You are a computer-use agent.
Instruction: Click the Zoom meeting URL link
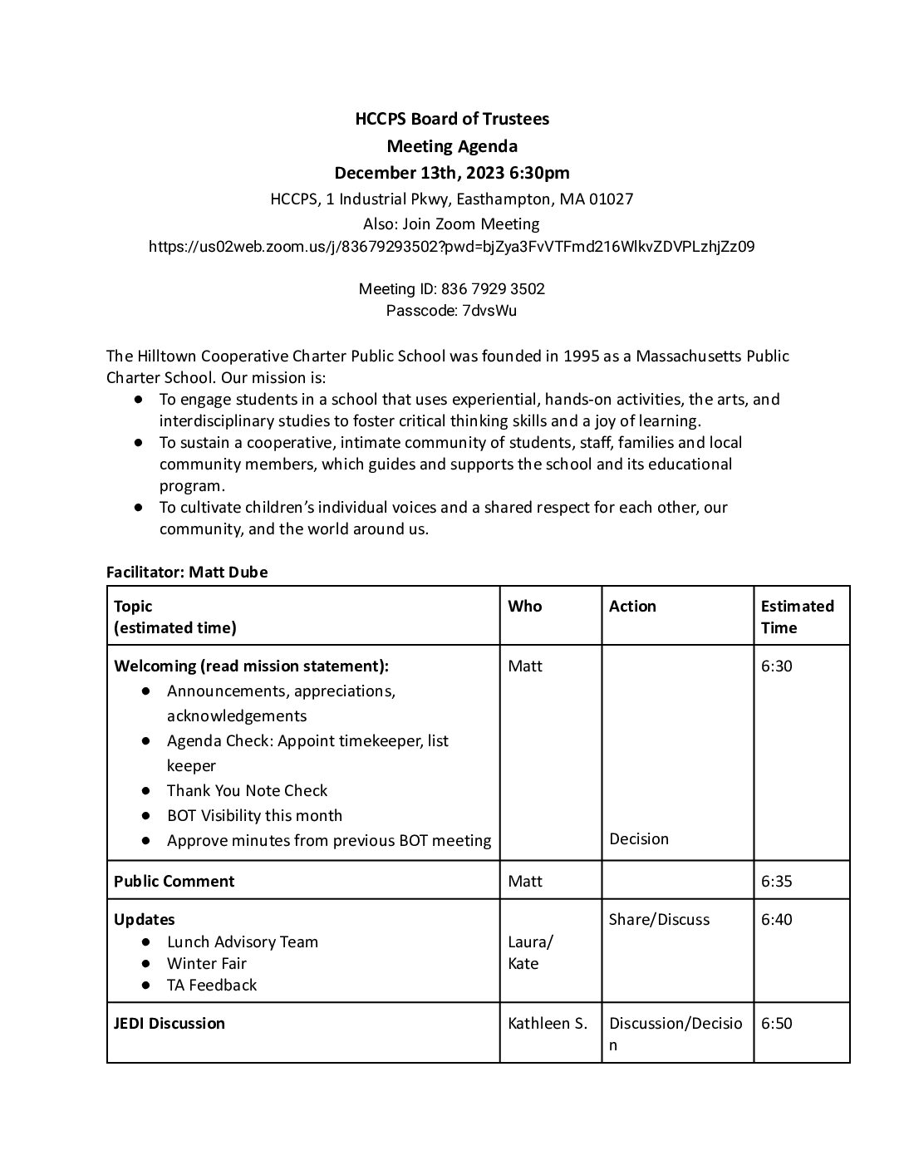tap(451, 247)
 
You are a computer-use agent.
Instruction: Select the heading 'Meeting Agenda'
tap(452, 146)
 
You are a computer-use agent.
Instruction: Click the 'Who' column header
tap(524, 606)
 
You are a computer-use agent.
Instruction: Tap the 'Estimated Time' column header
tap(797, 617)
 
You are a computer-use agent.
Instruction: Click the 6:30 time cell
tap(776, 666)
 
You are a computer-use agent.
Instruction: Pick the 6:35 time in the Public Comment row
tap(776, 881)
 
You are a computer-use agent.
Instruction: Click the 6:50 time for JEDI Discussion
tap(776, 1023)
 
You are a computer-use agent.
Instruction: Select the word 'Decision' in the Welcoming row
tap(638, 838)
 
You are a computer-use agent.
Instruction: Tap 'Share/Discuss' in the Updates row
tap(659, 919)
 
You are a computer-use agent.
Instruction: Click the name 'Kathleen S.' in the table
tap(547, 1023)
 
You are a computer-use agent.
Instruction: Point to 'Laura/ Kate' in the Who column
tap(529, 952)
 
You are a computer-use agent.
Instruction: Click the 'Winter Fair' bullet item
tap(206, 963)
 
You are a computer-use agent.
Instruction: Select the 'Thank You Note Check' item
tap(247, 790)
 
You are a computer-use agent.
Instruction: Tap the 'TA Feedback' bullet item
tap(211, 985)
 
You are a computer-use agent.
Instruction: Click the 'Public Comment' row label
tap(174, 881)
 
